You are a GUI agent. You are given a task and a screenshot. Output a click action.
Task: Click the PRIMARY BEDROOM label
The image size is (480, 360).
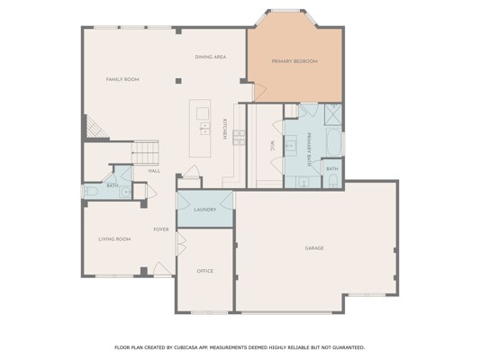(294, 61)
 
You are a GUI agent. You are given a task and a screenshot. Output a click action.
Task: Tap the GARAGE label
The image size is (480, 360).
(314, 248)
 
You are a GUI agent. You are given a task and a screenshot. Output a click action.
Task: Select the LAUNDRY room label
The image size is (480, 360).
(205, 210)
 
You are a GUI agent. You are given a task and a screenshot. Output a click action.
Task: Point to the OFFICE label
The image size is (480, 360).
(205, 271)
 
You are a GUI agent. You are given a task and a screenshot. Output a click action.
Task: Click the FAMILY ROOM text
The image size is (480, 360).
(122, 79)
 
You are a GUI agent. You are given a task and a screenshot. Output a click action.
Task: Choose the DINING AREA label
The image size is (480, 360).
(211, 57)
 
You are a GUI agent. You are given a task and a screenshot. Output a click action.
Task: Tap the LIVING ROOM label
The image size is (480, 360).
(114, 239)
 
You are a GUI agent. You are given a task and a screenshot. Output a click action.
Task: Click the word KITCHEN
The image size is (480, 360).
(224, 129)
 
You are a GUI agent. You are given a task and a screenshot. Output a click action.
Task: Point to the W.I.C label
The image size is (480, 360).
(272, 145)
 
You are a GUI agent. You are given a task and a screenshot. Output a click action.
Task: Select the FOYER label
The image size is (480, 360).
(161, 229)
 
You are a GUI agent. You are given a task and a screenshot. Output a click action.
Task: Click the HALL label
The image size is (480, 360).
(154, 171)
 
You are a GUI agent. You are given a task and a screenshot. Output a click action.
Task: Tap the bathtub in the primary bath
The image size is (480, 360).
(333, 142)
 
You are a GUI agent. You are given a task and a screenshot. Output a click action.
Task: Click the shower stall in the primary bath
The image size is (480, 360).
(332, 114)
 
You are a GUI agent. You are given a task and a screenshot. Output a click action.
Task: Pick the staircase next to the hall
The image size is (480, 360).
(145, 153)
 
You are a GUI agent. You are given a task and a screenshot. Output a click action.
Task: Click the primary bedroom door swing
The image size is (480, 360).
(259, 92)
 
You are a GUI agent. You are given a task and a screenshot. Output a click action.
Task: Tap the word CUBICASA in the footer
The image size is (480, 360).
(186, 347)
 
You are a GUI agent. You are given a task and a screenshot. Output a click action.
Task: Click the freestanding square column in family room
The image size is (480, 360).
(178, 81)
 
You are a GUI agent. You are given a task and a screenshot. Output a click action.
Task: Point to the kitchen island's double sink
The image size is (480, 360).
(204, 129)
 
